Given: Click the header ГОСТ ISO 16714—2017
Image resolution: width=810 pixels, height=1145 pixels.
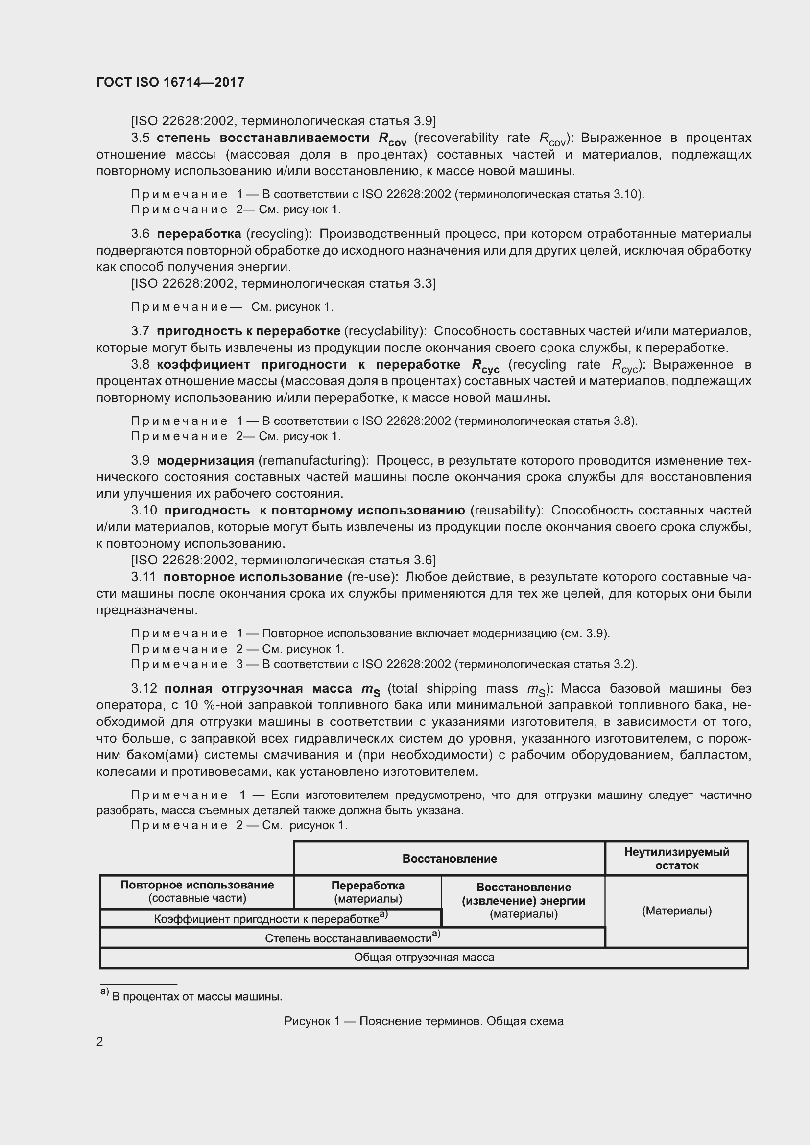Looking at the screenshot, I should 170,82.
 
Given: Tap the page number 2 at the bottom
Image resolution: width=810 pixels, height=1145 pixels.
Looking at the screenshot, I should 100,1042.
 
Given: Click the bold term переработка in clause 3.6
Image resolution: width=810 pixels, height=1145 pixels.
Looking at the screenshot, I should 198,234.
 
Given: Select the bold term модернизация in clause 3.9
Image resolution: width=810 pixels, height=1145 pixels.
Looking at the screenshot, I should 205,460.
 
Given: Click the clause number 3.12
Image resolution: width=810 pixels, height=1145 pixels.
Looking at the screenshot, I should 144,688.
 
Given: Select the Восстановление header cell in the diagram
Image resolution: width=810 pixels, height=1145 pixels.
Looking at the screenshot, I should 449,858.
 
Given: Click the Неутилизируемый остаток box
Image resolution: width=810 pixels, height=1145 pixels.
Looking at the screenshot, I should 676,858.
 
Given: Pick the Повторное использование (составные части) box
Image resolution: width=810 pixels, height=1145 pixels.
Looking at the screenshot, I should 197,891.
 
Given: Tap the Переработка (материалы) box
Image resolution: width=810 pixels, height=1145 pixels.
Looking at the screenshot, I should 368,891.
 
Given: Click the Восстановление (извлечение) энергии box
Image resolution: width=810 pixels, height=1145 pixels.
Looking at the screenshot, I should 523,901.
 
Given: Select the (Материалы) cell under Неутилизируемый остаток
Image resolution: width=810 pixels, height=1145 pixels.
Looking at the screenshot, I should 676,911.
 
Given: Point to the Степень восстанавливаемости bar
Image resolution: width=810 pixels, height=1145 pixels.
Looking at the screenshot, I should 352,937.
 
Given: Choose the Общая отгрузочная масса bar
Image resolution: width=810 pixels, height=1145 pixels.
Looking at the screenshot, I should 424,957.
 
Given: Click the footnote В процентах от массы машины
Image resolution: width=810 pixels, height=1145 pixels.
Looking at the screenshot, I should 196,996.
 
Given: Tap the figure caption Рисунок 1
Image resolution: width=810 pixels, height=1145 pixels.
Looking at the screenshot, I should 424,1021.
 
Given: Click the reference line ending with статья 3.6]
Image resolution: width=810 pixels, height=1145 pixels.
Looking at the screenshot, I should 283,560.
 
